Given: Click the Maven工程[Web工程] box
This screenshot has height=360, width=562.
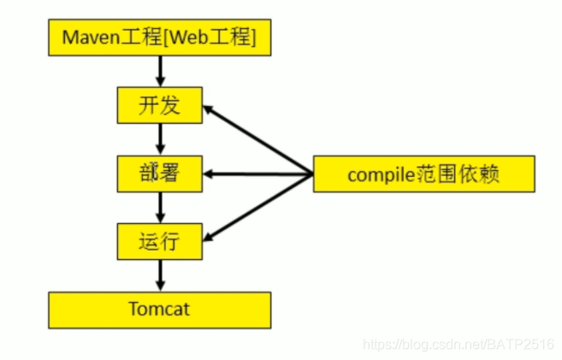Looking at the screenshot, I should click(159, 38).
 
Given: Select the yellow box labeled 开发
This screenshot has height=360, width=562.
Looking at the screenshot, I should click(159, 106).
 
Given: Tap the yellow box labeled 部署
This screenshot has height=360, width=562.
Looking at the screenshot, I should click(159, 174).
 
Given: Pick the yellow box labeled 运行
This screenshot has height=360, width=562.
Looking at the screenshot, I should click(159, 242).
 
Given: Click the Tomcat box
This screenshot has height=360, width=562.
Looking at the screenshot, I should click(159, 309).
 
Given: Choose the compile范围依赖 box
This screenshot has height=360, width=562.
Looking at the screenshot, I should click(423, 174).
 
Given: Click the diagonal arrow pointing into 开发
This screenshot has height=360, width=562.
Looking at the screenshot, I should click(257, 141).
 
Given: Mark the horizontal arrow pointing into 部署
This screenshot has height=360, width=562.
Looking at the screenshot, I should click(257, 174).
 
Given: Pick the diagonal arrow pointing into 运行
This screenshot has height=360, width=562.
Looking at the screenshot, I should click(257, 208).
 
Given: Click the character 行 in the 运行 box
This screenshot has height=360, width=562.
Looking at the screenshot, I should click(170, 242).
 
